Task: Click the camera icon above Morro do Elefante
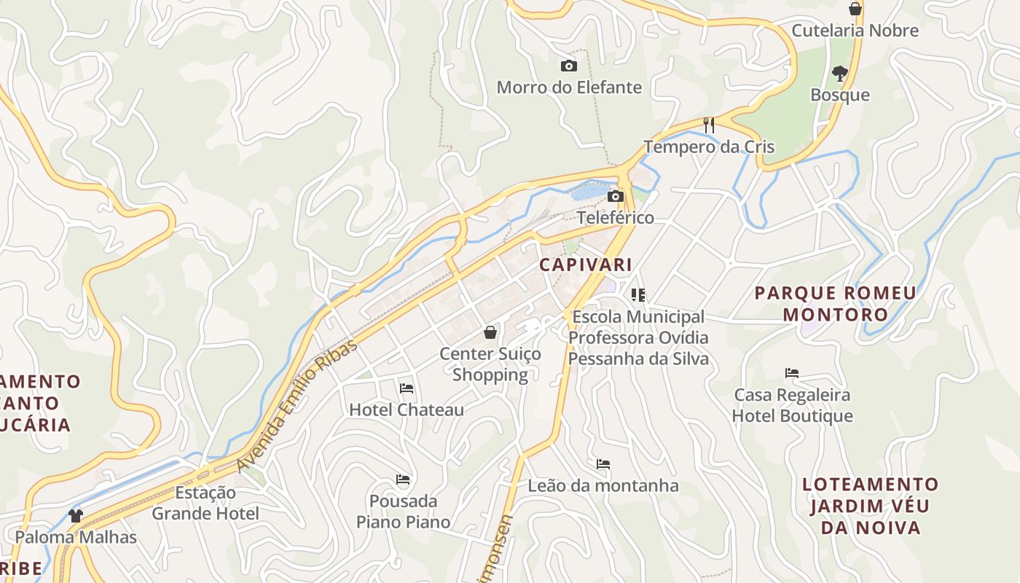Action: [x=569, y=66]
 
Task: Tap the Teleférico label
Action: [x=616, y=218]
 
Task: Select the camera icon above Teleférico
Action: [x=616, y=196]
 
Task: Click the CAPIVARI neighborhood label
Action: [x=586, y=265]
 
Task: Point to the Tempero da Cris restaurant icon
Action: [x=709, y=125]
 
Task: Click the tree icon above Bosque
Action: [x=840, y=73]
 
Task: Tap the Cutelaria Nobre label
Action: [x=855, y=31]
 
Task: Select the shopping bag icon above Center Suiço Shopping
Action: [x=491, y=333]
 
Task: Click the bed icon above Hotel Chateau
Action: [x=407, y=388]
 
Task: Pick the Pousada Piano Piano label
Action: [x=403, y=512]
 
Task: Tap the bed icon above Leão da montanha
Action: [x=603, y=464]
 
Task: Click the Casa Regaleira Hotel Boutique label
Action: [x=792, y=405]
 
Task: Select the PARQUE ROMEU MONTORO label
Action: [x=835, y=304]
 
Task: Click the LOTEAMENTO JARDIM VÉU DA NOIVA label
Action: [x=870, y=506]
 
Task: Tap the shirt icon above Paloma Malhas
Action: [x=76, y=516]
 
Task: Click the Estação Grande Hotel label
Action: [x=205, y=503]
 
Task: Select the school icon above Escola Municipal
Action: [x=638, y=295]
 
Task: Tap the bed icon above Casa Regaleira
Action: [x=792, y=373]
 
